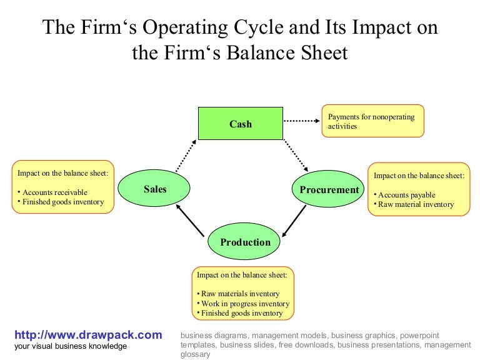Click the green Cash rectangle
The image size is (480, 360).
240,123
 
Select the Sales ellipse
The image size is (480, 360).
155,189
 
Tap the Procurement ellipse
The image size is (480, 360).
329,189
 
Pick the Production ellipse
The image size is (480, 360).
245,242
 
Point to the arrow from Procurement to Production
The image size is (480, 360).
294,221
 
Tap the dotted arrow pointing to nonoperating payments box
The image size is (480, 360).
301,121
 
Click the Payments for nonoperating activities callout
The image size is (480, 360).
373,121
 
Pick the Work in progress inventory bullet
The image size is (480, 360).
241,303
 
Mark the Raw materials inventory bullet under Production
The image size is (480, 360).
239,294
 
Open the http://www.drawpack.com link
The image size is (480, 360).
88,335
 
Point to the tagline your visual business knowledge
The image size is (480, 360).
71,346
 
